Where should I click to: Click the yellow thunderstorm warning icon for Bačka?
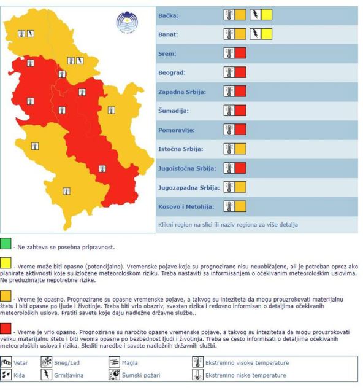click(261, 15)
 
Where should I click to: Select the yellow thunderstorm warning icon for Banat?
click(261, 34)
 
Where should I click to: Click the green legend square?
click(6, 246)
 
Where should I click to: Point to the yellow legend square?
click(6, 265)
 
